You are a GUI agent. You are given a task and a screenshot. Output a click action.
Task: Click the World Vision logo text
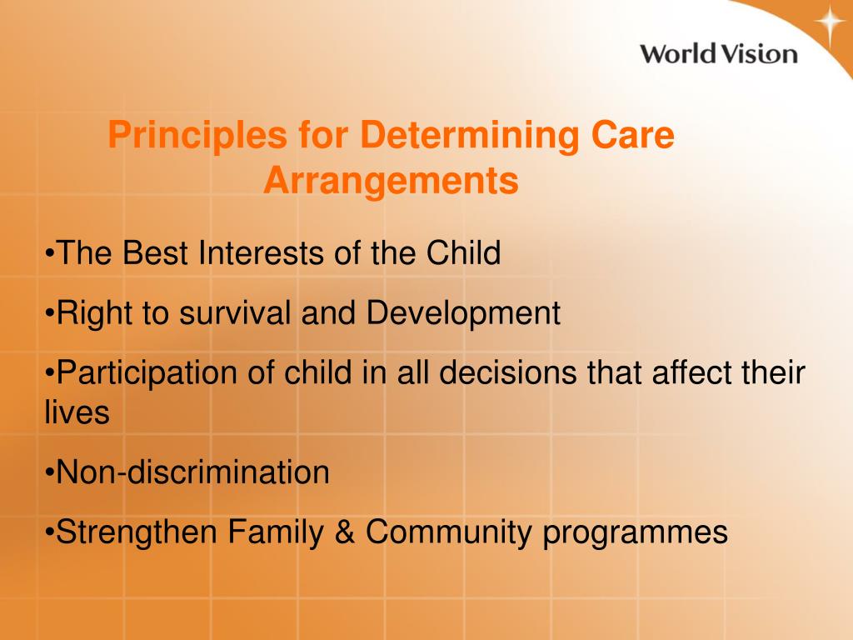(x=718, y=54)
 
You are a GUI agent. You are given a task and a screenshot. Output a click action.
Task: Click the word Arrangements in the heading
(x=391, y=181)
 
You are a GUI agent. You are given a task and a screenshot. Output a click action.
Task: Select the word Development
(x=463, y=313)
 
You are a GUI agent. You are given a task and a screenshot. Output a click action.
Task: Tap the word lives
(x=77, y=412)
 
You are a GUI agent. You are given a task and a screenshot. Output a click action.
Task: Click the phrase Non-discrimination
(x=192, y=472)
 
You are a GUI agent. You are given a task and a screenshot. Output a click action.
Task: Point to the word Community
(x=448, y=532)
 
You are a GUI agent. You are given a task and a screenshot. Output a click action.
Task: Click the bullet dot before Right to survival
(x=49, y=314)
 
